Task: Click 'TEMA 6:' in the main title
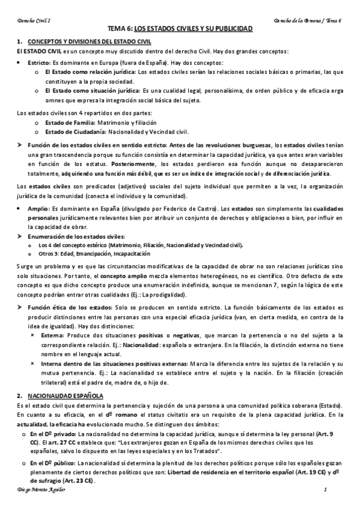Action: pos(119,29)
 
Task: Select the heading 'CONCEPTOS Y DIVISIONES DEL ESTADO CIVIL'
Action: pos(90,41)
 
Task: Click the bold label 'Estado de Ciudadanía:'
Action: pos(75,131)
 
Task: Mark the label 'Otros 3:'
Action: pos(49,254)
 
